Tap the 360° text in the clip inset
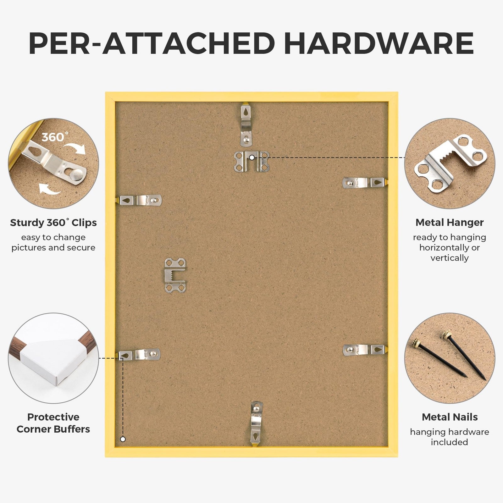(55, 137)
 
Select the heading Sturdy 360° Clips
(53, 223)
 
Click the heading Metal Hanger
(450, 222)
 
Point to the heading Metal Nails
(450, 417)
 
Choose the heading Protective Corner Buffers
(53, 423)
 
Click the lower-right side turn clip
(365, 350)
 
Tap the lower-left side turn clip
(139, 355)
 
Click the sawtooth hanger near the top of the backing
(251, 161)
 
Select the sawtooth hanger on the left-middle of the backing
(175, 275)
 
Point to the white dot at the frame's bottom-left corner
(123, 439)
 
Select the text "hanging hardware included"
(450, 437)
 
